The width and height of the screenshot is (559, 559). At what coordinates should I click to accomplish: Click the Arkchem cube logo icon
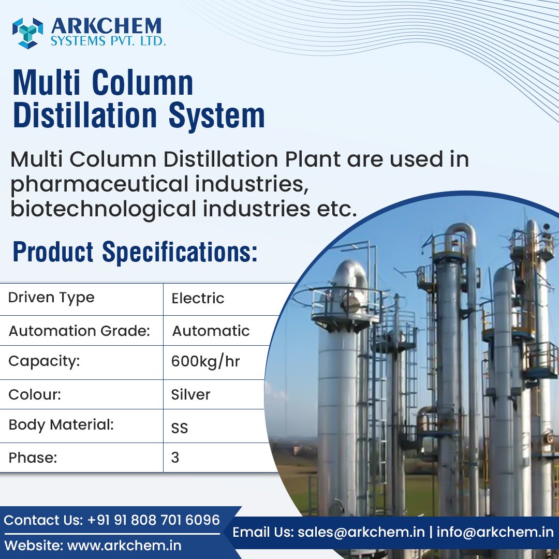click(28, 32)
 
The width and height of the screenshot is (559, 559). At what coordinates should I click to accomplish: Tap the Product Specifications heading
click(135, 252)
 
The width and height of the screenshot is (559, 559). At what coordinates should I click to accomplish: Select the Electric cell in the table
click(198, 299)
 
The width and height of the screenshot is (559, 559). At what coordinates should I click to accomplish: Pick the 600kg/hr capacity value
click(205, 361)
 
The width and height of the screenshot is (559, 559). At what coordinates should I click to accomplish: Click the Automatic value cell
click(211, 331)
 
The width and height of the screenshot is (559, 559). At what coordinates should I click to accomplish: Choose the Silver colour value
click(190, 394)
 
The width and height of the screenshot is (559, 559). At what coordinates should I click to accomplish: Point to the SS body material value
click(180, 428)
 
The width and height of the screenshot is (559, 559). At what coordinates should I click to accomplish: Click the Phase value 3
click(175, 458)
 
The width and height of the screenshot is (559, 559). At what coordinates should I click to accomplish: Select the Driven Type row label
click(51, 298)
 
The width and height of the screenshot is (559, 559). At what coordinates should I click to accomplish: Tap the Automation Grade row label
click(79, 331)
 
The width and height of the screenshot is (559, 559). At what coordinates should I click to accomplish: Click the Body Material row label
click(61, 425)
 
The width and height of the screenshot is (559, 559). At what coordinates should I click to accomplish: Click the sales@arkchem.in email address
click(361, 532)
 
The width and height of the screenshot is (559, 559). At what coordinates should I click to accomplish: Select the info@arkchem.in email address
click(495, 532)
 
